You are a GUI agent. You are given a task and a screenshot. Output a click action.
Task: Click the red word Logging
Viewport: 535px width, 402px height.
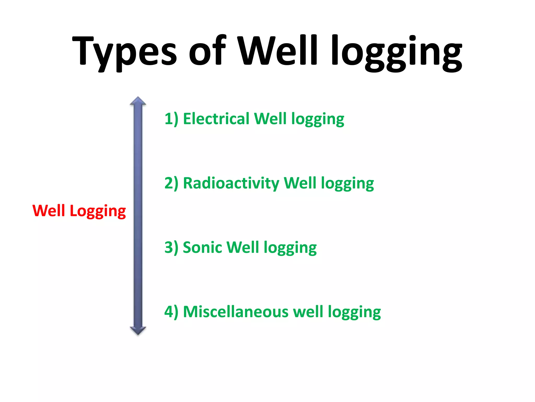[98, 211]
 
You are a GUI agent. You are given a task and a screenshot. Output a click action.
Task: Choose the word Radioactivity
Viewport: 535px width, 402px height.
[231, 183]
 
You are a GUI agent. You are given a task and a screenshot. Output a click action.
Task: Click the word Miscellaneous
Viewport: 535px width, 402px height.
[235, 312]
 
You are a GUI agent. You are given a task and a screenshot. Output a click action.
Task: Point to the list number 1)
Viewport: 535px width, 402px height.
[171, 119]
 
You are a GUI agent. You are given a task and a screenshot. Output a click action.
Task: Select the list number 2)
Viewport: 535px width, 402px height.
[171, 183]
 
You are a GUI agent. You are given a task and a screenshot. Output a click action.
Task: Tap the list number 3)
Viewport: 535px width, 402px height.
[171, 248]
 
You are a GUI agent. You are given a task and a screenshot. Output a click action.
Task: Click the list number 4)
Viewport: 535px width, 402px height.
[171, 312]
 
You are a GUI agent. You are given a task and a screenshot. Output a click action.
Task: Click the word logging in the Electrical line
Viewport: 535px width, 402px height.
[318, 120]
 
